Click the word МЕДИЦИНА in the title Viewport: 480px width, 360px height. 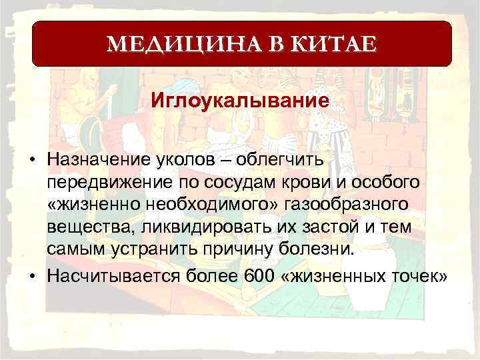point(166,45)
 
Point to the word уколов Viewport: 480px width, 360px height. point(175,160)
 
